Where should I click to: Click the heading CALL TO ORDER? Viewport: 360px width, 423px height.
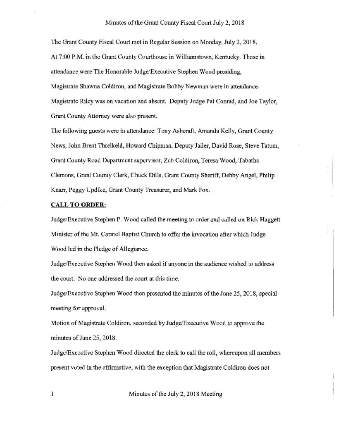[79, 204]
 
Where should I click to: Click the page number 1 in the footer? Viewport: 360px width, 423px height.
[52, 394]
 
